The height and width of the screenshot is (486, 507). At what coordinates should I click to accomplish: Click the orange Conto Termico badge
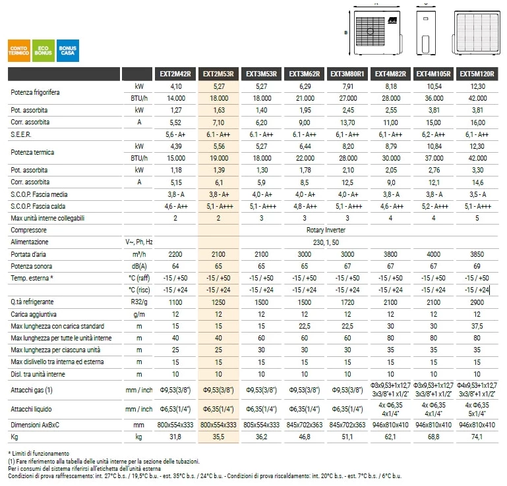pos(19,51)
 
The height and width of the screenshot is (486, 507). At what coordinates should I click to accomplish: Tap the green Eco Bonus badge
pos(44,51)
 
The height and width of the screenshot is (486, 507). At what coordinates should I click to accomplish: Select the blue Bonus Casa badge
pos(68,51)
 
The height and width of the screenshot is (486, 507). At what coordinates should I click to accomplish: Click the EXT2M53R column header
pos(218,74)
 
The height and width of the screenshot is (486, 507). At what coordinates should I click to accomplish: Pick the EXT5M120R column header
pos(477,74)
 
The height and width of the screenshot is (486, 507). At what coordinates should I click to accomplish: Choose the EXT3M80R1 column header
pos(347,74)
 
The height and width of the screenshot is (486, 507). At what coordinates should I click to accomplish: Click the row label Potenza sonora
pos(32,267)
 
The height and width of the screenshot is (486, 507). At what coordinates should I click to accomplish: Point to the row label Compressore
pos(28,230)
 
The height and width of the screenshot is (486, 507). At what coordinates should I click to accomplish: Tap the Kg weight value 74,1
pos(477,437)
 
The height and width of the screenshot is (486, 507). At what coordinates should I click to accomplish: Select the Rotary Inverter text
pos(326,230)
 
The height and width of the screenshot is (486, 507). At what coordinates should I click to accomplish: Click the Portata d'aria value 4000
pos(434,254)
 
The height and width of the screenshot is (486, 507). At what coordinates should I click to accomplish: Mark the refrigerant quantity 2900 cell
pos(477,302)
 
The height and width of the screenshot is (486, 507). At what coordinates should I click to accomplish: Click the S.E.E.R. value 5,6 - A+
pos(175,134)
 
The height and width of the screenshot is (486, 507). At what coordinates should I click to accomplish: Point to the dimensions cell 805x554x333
pos(261,425)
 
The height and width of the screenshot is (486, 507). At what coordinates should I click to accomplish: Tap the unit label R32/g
pos(138,302)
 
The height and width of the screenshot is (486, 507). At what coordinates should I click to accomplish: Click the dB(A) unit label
pos(139,267)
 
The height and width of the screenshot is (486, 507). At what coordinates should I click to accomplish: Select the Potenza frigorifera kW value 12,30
pos(477,86)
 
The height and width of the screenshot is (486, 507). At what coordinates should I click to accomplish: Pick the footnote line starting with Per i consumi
pos(84,469)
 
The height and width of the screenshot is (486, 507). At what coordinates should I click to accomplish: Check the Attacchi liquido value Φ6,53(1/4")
pos(175,410)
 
